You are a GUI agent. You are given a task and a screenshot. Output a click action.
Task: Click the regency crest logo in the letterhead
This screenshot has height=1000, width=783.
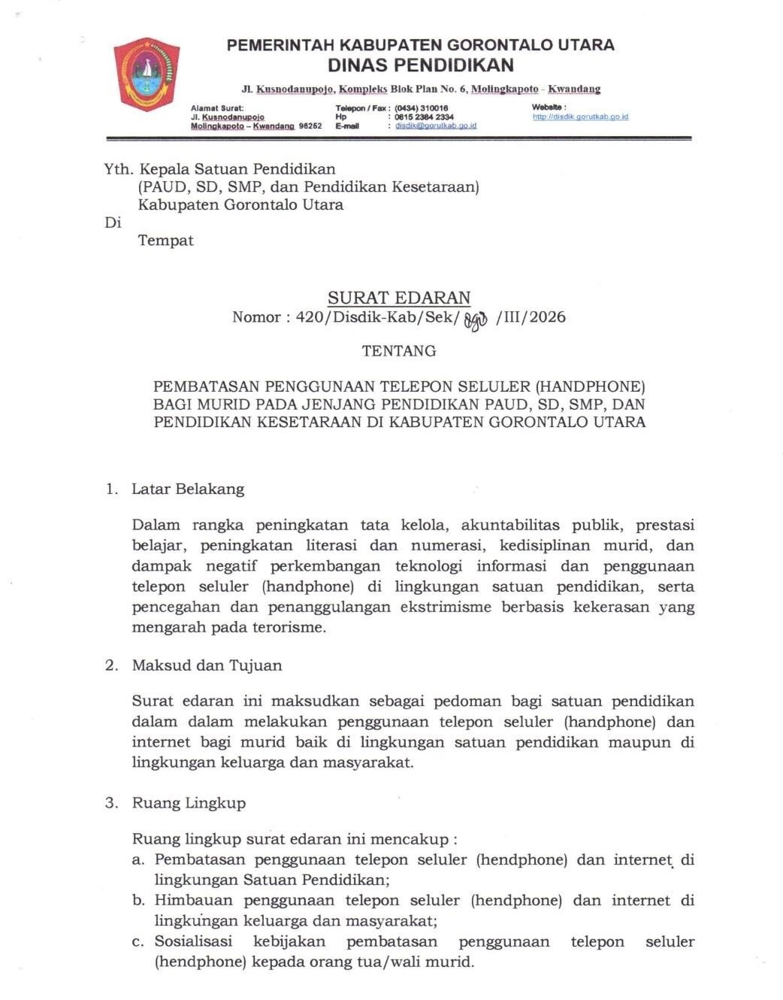147,75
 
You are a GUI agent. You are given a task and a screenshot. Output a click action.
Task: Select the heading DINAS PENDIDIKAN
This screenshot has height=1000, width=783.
420,65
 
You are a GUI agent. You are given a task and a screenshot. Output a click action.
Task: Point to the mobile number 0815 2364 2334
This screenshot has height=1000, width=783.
424,117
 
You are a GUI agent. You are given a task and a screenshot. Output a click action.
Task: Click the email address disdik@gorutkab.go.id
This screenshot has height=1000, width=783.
436,126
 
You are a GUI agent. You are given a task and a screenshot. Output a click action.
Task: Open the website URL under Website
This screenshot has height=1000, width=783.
580,117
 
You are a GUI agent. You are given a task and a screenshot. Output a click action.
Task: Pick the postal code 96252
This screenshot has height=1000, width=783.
310,126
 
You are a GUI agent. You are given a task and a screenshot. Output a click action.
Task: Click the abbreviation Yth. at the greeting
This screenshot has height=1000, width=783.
118,169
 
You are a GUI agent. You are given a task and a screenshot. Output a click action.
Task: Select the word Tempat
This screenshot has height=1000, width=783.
165,241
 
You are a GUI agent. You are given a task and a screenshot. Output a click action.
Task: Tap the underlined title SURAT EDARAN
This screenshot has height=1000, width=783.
399,298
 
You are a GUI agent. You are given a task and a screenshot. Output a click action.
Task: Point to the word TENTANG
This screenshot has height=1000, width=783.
399,351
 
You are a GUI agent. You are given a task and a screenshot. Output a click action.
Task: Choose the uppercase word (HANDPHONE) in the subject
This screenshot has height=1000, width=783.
590,387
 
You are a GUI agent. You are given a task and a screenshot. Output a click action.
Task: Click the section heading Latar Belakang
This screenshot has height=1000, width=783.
188,489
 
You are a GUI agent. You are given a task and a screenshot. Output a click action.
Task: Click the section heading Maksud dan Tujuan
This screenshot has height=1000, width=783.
207,665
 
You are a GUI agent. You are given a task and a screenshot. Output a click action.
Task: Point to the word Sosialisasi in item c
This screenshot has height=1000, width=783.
193,942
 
